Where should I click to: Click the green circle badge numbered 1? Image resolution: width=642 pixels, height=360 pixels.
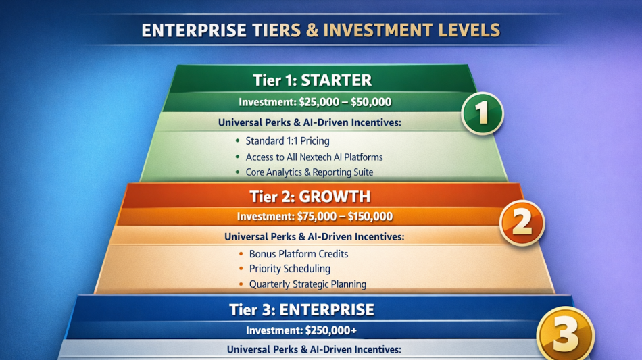[x=483, y=113]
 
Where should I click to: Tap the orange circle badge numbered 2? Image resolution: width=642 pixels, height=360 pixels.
[x=522, y=223]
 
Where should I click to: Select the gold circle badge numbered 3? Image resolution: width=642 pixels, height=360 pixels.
[x=566, y=334]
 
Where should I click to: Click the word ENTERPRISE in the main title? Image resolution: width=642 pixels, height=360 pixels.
[x=194, y=30]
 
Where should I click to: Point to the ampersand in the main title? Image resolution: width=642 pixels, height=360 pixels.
[x=312, y=30]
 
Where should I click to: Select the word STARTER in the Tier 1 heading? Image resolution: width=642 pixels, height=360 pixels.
[x=336, y=80]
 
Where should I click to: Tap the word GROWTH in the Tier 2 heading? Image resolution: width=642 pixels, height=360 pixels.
[x=335, y=197]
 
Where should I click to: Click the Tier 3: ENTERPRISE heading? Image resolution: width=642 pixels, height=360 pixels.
[x=301, y=310]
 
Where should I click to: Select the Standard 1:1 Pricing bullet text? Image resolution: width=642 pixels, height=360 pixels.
[x=287, y=141]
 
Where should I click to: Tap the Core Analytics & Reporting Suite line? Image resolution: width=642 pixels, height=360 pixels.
[x=309, y=172]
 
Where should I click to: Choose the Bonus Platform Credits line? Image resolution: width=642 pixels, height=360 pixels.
[x=299, y=254]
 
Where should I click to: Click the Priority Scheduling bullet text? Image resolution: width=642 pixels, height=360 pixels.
[x=289, y=269]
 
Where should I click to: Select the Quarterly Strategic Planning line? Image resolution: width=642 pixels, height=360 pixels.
[x=307, y=284]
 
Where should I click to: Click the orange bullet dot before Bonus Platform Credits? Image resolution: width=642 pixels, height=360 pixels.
[x=241, y=254]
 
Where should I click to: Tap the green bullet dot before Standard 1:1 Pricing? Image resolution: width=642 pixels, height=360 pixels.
[x=237, y=140]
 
